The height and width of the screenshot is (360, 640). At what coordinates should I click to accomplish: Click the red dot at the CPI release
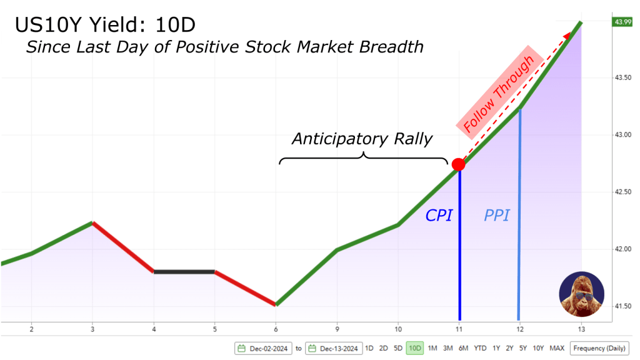pos(458,164)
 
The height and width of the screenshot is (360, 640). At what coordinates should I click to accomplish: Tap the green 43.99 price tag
pos(622,22)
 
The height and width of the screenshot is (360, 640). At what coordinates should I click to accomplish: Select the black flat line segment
pos(184,271)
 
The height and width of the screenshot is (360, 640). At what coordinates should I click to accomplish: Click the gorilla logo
pos(582,294)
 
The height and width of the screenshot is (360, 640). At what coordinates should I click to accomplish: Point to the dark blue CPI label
pos(439,215)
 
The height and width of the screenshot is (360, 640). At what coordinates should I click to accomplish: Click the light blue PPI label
pos(497,215)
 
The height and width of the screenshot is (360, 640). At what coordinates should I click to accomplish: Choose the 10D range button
pos(415,348)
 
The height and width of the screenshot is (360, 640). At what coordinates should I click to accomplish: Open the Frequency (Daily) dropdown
pos(599,348)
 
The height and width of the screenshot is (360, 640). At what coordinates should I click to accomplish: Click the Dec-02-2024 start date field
pos(263,349)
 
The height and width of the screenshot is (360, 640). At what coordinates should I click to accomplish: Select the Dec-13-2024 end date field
pos(334,349)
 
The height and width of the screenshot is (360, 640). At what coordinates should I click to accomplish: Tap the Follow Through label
pos(499,94)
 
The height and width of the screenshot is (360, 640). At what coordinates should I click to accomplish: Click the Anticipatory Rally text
pos(362,139)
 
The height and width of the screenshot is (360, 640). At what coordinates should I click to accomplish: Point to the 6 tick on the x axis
pos(276,329)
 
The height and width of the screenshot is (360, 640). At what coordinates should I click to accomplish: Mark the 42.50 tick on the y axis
pos(623,192)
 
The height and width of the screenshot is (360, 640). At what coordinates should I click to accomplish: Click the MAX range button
pos(557,348)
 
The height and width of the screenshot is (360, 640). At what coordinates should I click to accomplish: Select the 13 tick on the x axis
pos(581,329)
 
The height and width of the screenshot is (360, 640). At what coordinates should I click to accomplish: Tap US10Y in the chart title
pos(49,25)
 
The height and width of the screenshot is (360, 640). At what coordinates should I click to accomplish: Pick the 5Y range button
pos(523,348)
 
